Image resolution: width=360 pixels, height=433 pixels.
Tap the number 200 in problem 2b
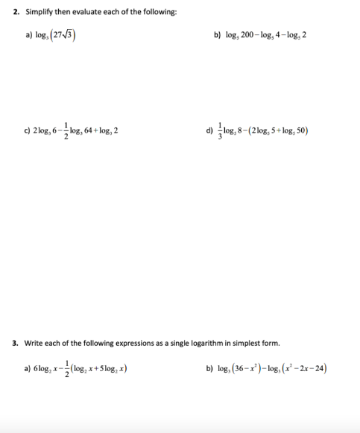tap(249, 35)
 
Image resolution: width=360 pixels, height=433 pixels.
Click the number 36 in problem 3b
tap(243, 368)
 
